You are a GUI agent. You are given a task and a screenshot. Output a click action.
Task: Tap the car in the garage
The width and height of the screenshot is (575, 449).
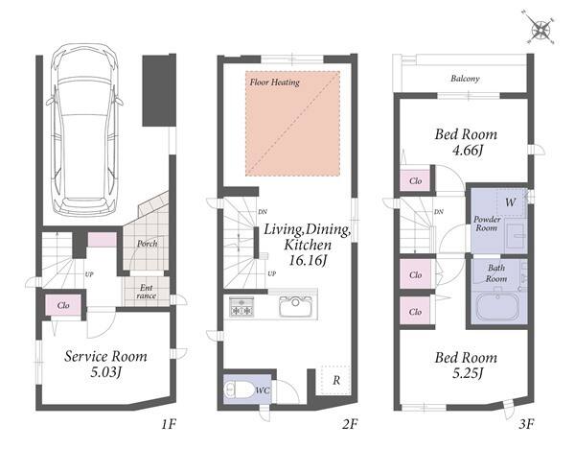click(x=84, y=130)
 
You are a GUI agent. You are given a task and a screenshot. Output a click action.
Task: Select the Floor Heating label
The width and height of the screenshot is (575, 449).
click(x=275, y=83)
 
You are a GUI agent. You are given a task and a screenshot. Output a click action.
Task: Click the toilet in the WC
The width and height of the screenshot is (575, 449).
click(x=236, y=389)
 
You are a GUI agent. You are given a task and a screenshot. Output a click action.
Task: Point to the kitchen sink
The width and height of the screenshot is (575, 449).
click(x=295, y=306)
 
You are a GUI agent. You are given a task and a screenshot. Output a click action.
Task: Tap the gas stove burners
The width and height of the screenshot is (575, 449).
click(x=241, y=307)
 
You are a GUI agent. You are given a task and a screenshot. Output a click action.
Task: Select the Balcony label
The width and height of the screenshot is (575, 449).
click(x=465, y=79)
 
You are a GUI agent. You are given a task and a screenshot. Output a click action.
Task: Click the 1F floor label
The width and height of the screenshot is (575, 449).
click(x=169, y=424)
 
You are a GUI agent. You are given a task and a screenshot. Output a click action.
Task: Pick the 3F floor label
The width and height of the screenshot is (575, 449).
click(x=526, y=424)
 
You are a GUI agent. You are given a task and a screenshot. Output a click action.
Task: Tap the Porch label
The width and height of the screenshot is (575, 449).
click(x=148, y=244)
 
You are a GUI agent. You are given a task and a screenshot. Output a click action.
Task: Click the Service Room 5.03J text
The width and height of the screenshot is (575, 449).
click(x=105, y=365)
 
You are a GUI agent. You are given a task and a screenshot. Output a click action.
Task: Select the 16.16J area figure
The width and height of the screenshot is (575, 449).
click(x=308, y=261)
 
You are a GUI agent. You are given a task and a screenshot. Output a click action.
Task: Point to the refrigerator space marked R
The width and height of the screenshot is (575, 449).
click(x=336, y=380)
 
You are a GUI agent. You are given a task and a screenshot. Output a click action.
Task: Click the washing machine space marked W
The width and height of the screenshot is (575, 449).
click(x=511, y=202)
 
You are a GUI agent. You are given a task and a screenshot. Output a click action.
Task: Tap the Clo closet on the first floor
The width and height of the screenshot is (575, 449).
click(x=63, y=305)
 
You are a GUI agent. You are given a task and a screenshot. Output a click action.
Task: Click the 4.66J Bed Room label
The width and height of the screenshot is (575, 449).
click(x=466, y=142)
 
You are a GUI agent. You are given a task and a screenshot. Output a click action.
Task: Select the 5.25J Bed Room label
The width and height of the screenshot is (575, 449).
click(x=466, y=366)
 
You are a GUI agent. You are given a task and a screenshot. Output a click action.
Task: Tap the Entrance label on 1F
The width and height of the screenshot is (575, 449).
click(x=146, y=292)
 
